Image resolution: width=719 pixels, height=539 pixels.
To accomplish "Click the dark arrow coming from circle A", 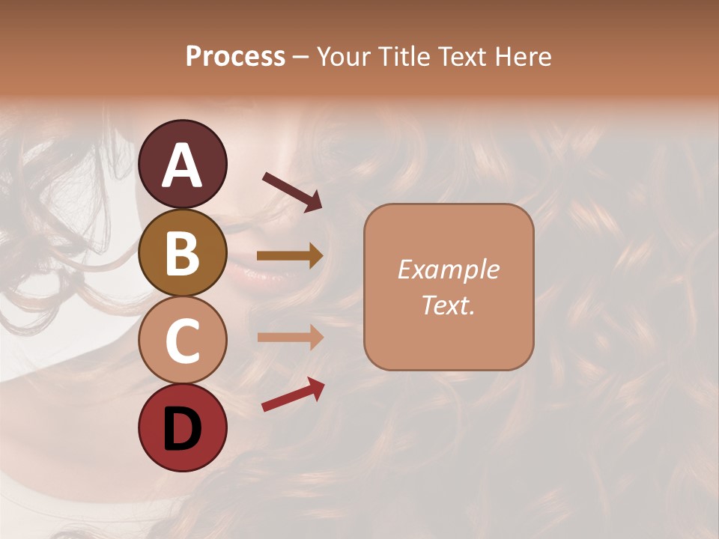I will (x=292, y=191).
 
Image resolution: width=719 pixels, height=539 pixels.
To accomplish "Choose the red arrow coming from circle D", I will (x=293, y=395).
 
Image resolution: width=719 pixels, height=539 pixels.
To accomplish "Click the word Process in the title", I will (x=235, y=56).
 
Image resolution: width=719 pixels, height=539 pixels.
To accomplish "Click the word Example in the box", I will (x=448, y=269).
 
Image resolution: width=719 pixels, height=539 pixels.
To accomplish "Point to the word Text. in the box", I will (x=448, y=305).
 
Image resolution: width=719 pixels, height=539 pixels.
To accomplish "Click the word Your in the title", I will (x=342, y=56).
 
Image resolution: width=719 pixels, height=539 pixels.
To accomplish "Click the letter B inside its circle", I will (x=182, y=254).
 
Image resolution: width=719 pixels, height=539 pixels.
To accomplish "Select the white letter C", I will (x=182, y=341).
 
